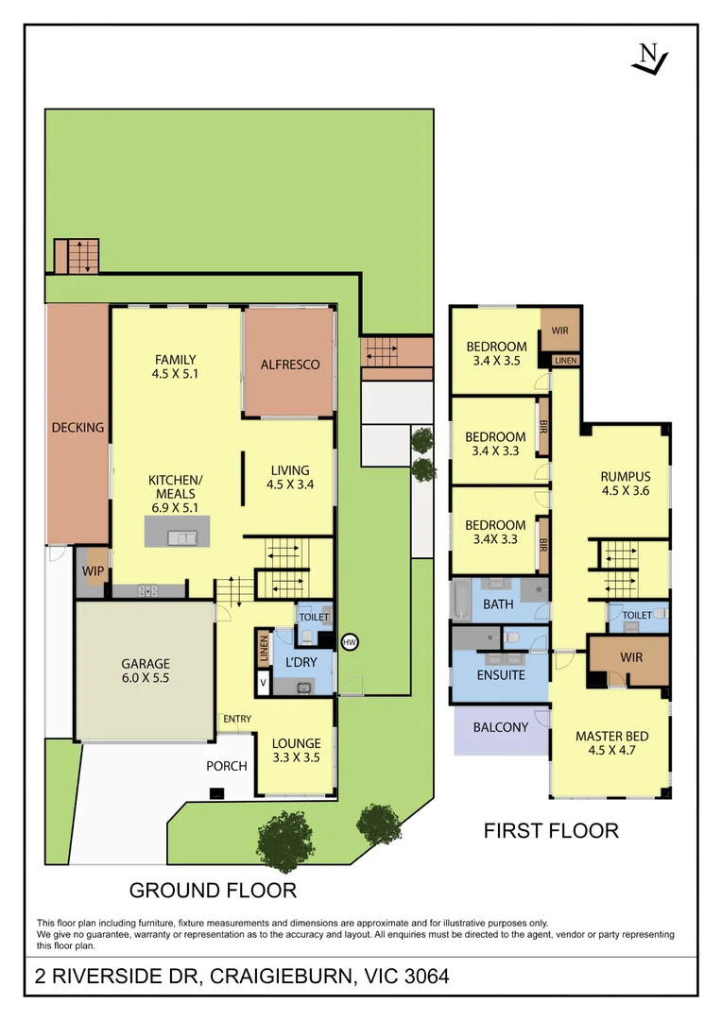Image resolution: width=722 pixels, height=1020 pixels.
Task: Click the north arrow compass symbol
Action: pos(649,59)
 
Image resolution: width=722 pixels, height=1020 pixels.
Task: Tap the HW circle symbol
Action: pos(350,642)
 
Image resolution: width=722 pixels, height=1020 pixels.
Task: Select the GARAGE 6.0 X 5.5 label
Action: pos(145,671)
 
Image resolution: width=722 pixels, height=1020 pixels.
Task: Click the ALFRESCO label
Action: pos(289,365)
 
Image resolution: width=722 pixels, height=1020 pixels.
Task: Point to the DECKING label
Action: pos(77,428)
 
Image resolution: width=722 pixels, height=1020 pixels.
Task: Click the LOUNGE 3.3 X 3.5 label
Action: pos(296,750)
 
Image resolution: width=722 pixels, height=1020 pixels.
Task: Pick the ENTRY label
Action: pos(236,720)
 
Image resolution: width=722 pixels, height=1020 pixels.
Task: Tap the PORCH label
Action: pos(227,765)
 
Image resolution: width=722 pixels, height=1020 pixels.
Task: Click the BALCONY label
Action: pos(500,727)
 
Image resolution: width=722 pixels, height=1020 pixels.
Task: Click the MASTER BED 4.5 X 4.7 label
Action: pos(611,744)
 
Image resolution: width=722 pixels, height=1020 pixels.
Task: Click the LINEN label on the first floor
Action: pos(565,361)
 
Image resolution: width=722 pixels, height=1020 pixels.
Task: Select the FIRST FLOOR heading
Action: pos(551,831)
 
